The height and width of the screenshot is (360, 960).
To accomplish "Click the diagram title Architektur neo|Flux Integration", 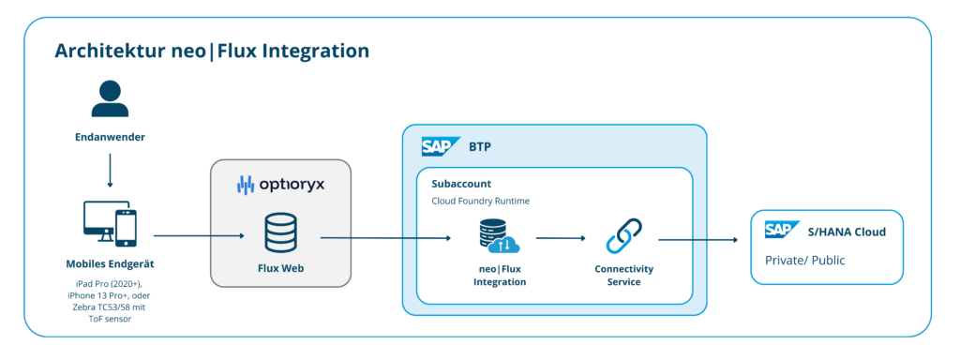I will tap(212, 51).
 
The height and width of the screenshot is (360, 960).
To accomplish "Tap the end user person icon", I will tap(111, 99).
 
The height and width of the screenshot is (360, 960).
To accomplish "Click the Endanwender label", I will tap(111, 137).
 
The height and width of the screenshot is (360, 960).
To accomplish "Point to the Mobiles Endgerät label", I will tap(111, 264).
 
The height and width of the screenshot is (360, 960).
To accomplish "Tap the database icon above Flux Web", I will tap(280, 232).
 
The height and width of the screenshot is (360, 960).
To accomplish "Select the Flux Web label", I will tap(280, 267).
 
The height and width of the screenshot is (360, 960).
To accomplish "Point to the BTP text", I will tap(480, 147).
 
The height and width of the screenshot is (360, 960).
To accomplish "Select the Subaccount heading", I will tap(461, 184).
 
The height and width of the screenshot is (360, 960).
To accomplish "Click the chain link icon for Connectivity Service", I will tap(623, 235).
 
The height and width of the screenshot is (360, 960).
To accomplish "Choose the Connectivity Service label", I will tap(623, 276).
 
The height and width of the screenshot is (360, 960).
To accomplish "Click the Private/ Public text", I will tap(805, 260).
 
